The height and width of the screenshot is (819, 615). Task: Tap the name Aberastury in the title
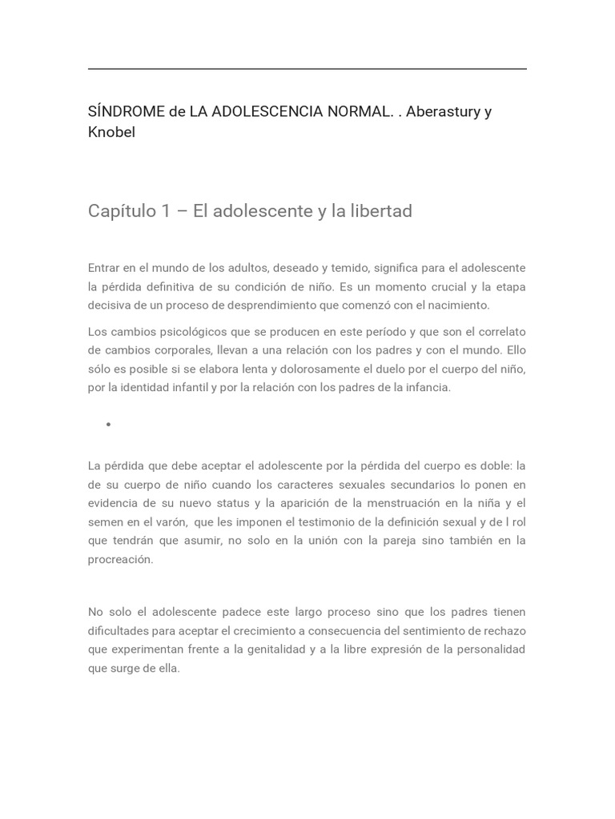443,111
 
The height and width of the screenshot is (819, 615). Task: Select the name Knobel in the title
111,132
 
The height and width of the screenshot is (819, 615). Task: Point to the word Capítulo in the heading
120,211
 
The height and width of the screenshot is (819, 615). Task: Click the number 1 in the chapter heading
166,211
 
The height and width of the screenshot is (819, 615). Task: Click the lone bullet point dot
108,425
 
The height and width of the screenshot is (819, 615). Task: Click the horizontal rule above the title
307,69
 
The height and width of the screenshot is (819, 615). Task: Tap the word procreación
120,559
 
